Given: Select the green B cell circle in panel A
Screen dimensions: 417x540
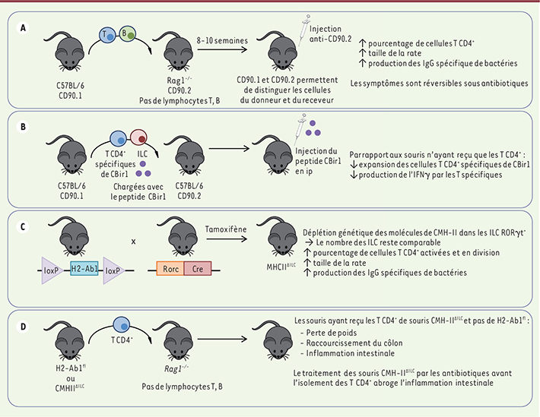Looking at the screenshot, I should tap(129, 33).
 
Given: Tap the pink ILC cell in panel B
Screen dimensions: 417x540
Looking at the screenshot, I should tap(142, 139).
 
